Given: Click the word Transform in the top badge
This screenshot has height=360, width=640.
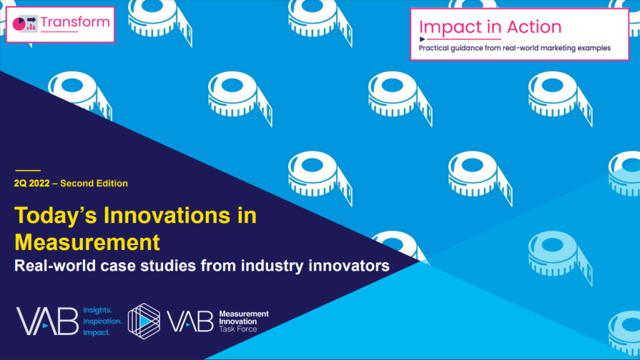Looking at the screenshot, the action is coord(75,22).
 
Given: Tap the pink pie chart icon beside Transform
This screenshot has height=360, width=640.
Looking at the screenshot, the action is coord(19,24).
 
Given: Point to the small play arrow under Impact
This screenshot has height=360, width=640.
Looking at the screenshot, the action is coord(422,39).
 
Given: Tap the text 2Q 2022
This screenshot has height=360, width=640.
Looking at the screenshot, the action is coord(32,183).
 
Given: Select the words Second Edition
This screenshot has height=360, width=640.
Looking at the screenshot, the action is coord(94,183).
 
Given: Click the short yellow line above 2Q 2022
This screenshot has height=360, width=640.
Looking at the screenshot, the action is coord(27,170).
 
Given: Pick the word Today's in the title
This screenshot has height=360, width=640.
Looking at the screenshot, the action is coord(56,216).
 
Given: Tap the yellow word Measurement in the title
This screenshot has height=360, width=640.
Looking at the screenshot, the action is coord(87,242).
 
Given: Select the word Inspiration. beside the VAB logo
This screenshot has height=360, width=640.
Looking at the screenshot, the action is coord(102,321).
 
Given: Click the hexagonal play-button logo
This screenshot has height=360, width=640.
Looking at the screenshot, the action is coord(144,321).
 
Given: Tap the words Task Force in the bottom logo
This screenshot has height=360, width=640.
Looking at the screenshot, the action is coord(238,329).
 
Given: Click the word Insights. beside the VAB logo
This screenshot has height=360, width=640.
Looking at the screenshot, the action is coord(97,310).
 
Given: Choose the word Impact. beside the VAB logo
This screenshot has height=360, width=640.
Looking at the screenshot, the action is coord(96,332).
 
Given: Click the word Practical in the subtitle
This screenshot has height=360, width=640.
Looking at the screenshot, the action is coord(434,48).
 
